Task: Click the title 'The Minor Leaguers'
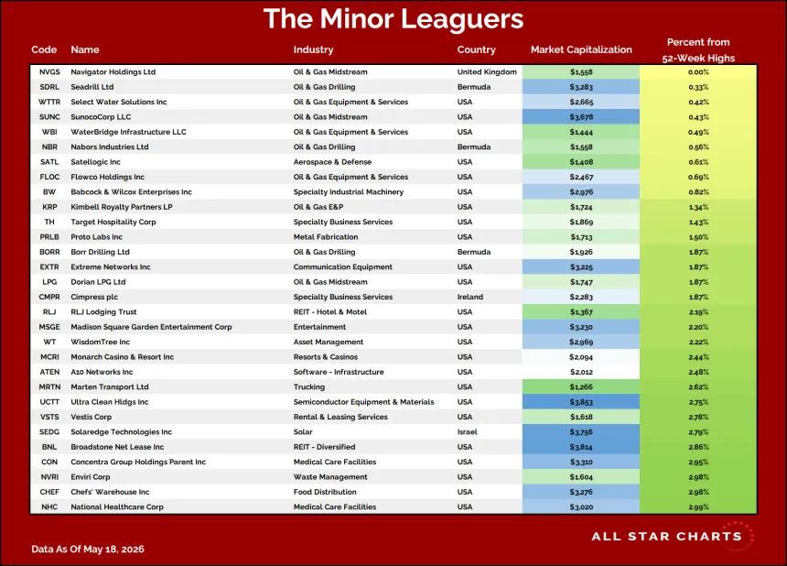pyautogui.click(x=393, y=19)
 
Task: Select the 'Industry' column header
pyautogui.click(x=313, y=49)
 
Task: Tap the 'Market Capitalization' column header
pyautogui.click(x=581, y=49)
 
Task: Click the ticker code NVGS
pyautogui.click(x=49, y=71)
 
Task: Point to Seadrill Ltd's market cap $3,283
pyautogui.click(x=581, y=87)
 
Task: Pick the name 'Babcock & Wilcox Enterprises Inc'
pyautogui.click(x=131, y=191)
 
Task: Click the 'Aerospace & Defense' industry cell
pyautogui.click(x=332, y=162)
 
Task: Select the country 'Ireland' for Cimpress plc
pyautogui.click(x=469, y=297)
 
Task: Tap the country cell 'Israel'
pyautogui.click(x=467, y=432)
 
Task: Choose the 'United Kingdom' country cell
pyautogui.click(x=487, y=71)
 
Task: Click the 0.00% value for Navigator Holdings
pyautogui.click(x=698, y=71)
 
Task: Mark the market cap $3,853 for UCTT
pyautogui.click(x=581, y=402)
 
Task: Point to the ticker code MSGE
pyautogui.click(x=49, y=327)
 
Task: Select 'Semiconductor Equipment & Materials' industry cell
pyautogui.click(x=363, y=402)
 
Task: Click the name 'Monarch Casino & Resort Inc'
pyautogui.click(x=122, y=357)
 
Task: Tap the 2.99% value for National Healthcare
pyautogui.click(x=698, y=507)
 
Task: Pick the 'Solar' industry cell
pyautogui.click(x=303, y=432)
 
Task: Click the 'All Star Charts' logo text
pyautogui.click(x=666, y=537)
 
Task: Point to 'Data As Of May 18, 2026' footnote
pyautogui.click(x=87, y=549)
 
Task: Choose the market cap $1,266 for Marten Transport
pyautogui.click(x=581, y=386)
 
